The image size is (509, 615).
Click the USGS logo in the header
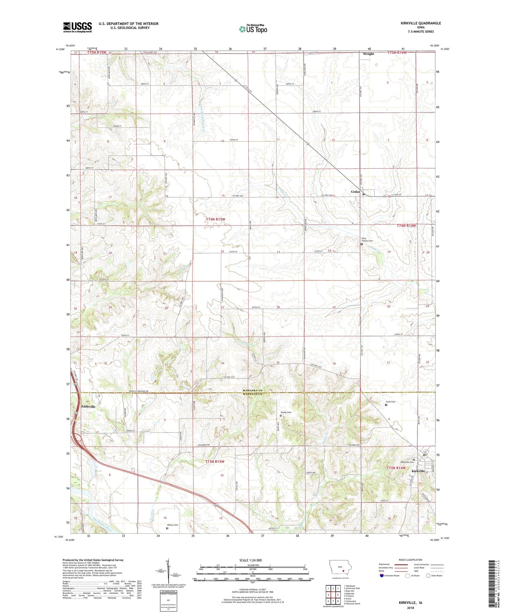(77, 27)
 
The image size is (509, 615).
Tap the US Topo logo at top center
(253, 29)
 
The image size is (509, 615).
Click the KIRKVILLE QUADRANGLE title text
(421, 23)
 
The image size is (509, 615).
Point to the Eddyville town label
(88, 406)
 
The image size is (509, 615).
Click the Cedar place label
(355, 192)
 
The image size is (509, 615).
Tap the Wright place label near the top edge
(368, 54)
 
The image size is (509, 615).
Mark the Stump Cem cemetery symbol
(281, 416)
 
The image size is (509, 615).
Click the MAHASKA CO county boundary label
(253, 391)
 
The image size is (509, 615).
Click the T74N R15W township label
(215, 219)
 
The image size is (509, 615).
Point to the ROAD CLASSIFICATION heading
(410, 560)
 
